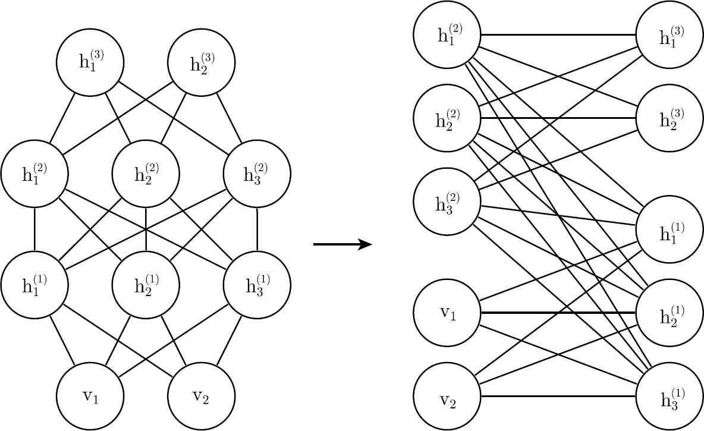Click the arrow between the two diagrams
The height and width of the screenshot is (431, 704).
(x=342, y=244)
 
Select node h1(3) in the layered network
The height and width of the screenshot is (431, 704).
(x=90, y=62)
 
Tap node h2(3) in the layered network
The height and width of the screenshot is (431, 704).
(x=201, y=62)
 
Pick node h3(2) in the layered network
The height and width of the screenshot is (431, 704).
(x=257, y=173)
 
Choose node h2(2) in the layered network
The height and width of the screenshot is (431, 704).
(x=146, y=173)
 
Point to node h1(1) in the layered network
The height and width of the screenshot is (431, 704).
(x=34, y=284)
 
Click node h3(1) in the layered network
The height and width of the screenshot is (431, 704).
(x=257, y=284)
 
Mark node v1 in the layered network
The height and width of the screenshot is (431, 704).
(x=90, y=395)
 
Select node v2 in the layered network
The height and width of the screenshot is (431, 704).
(x=201, y=395)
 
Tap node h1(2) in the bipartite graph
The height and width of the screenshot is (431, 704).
(x=447, y=34)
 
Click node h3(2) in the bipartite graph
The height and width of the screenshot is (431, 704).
(x=447, y=201)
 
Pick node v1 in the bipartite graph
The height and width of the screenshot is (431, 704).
(x=447, y=313)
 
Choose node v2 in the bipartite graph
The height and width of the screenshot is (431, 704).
(x=447, y=396)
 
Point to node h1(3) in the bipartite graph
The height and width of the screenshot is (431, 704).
(x=670, y=34)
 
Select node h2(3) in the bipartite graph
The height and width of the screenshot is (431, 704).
(x=670, y=118)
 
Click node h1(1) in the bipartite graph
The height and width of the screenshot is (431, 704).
(x=670, y=229)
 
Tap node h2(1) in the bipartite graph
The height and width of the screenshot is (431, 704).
(x=670, y=313)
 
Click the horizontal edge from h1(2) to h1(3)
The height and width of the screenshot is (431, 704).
(x=558, y=34)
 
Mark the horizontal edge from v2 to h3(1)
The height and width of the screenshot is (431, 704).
(x=558, y=396)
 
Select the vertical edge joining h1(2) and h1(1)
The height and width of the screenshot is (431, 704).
(x=34, y=228)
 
